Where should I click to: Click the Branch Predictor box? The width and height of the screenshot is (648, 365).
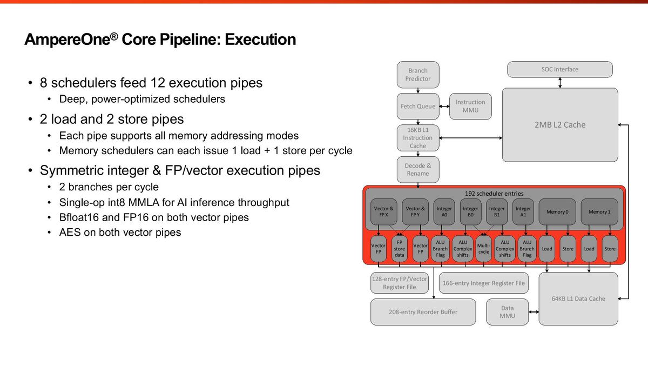[x=418, y=75]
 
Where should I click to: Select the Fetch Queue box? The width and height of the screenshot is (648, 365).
[x=418, y=107]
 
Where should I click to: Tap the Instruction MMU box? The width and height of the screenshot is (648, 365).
[x=470, y=106]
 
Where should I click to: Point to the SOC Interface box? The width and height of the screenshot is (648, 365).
[x=559, y=69]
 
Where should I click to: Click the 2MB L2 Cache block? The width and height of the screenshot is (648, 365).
[x=559, y=124]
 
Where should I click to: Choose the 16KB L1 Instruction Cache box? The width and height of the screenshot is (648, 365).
[x=418, y=138]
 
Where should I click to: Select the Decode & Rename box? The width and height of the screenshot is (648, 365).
[x=418, y=169]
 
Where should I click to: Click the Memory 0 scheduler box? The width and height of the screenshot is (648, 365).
[x=557, y=212]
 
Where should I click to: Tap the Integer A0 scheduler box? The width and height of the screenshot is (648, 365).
[x=444, y=211]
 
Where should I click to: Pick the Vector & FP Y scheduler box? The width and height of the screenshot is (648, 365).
[x=415, y=211]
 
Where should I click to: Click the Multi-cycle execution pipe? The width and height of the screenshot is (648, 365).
[x=484, y=249]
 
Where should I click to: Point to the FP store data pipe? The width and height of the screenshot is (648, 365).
[x=399, y=249]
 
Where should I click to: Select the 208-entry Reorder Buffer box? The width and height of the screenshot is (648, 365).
[x=423, y=312]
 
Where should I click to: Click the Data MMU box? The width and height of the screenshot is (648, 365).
[x=507, y=312]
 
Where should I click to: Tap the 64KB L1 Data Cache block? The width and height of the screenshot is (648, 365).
[x=578, y=298]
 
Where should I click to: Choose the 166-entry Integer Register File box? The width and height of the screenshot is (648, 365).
[x=484, y=283]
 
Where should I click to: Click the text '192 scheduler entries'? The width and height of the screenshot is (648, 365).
[x=494, y=193]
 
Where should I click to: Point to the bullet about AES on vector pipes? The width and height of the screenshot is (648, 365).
[x=120, y=233]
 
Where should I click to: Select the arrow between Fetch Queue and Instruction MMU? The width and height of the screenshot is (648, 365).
[x=444, y=107]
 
